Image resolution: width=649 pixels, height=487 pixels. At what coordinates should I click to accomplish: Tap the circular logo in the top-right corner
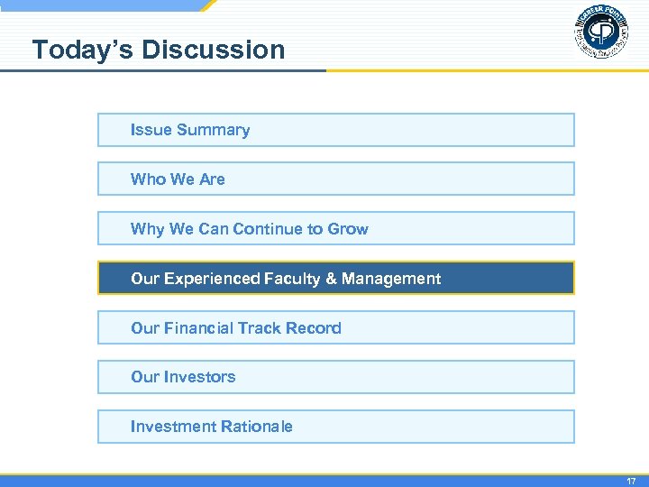click(x=601, y=33)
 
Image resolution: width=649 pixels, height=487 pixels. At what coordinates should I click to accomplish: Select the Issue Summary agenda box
click(x=335, y=130)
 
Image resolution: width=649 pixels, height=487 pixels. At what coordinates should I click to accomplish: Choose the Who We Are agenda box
click(x=335, y=179)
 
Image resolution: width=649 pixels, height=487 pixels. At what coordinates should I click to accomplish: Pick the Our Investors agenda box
click(x=335, y=377)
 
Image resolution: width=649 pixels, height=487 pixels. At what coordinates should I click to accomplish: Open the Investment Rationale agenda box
click(x=335, y=427)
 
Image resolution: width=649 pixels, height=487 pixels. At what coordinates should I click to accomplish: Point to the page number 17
click(x=631, y=482)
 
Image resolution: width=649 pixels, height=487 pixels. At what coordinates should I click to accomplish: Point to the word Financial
click(x=198, y=328)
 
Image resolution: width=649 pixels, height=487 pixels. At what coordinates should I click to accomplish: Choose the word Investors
click(x=199, y=377)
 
